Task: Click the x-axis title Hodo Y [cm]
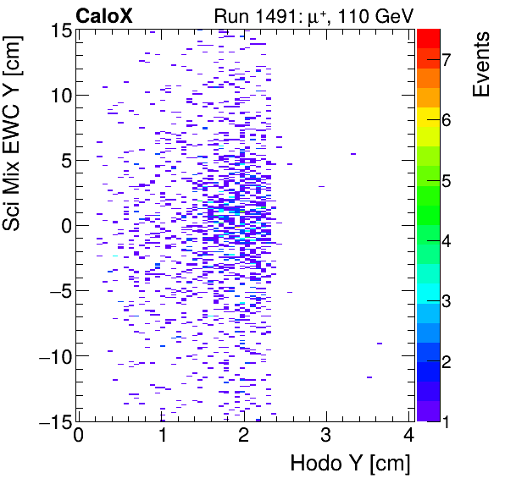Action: pyautogui.click(x=350, y=464)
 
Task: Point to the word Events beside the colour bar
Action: pyautogui.click(x=481, y=64)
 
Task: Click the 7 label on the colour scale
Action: pyautogui.click(x=447, y=59)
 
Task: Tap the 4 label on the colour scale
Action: pyautogui.click(x=447, y=241)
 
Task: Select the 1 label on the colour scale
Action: pyautogui.click(x=447, y=421)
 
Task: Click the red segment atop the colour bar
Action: pyautogui.click(x=428, y=37)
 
